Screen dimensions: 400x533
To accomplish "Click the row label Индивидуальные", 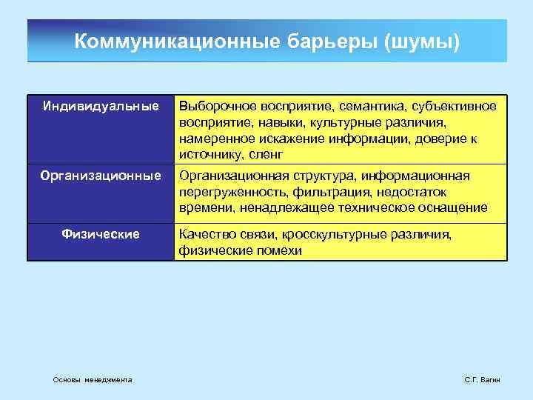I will (101, 107).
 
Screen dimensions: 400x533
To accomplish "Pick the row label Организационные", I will (101, 176).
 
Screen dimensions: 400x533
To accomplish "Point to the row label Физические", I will (101, 234).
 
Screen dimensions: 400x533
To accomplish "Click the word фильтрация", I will (321, 192).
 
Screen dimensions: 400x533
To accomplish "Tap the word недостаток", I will (404, 192).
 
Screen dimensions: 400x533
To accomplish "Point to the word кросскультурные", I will (331, 234).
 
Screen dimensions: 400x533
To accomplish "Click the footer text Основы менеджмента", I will (93, 379).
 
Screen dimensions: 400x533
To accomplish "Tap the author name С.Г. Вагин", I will (482, 379).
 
